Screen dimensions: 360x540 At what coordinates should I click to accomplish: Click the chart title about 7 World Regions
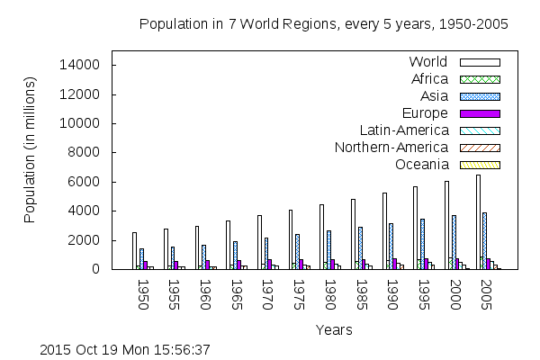pos(323,24)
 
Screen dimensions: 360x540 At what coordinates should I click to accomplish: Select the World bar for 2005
pos(478,222)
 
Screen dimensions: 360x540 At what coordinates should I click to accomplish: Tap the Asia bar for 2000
pos(454,242)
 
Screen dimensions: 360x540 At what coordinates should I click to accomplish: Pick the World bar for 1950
pos(134,251)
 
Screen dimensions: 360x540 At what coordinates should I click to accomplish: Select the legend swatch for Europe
pos(480,113)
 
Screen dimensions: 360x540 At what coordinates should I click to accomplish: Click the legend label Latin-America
pos(403,130)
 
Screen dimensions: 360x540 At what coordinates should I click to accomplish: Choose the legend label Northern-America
pos(391,148)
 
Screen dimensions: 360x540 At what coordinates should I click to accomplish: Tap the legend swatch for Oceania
pos(480,165)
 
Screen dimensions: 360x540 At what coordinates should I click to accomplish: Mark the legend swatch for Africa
pos(480,79)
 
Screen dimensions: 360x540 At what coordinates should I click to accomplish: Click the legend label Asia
pos(433,96)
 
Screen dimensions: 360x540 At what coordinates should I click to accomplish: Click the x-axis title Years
pos(328,330)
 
